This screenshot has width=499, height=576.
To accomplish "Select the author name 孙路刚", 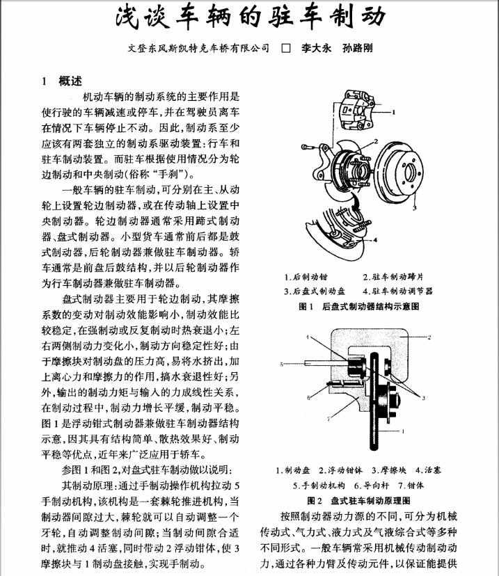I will tap(357, 49).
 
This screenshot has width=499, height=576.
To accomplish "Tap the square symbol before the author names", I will tap(285, 49).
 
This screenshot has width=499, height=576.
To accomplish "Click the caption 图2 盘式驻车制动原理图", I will tap(358, 499).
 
